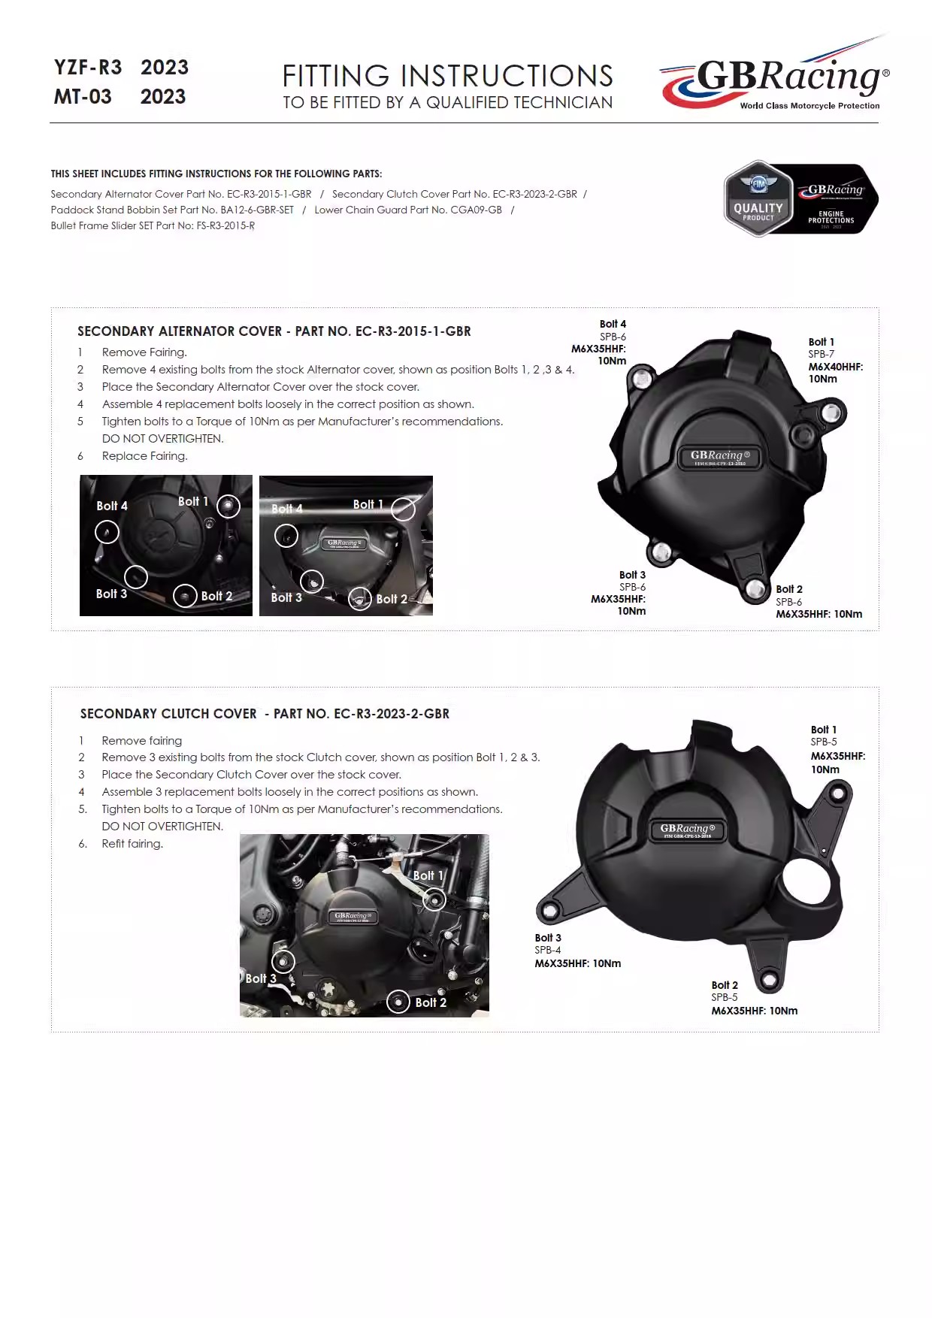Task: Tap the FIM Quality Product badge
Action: (758, 200)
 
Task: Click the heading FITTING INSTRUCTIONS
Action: (447, 76)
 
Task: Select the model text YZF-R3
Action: (88, 68)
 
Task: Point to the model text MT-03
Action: (83, 97)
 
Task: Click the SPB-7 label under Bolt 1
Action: (821, 354)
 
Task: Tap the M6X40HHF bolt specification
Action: (835, 367)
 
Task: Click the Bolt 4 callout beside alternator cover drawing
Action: (613, 324)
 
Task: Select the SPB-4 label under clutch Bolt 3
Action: (547, 950)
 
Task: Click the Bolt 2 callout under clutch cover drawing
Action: (725, 985)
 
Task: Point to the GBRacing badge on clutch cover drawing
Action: (688, 830)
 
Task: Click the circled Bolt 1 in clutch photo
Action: (434, 899)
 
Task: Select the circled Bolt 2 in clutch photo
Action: (398, 1001)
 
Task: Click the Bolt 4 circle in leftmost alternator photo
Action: (107, 533)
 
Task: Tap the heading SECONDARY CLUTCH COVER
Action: (168, 714)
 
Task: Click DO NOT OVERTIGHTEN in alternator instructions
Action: (162, 439)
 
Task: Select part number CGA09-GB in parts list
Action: (476, 210)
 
